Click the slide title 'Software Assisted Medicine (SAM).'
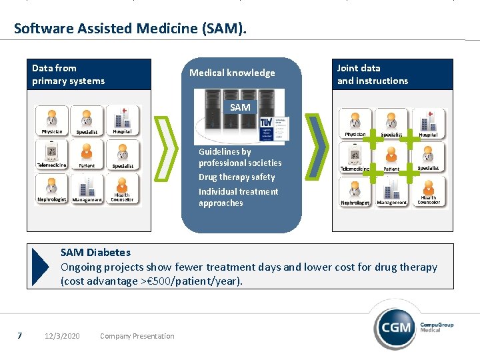[130, 28]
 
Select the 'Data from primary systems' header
[68, 75]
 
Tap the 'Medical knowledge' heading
[232, 73]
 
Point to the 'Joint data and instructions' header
[372, 74]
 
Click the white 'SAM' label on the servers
[240, 107]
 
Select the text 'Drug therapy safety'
[237, 177]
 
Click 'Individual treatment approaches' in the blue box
[238, 197]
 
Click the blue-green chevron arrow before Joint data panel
[316, 146]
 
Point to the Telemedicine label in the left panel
[51, 165]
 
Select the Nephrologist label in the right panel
[355, 203]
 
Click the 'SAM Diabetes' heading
[95, 253]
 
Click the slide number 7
[20, 335]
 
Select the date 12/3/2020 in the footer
[62, 336]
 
